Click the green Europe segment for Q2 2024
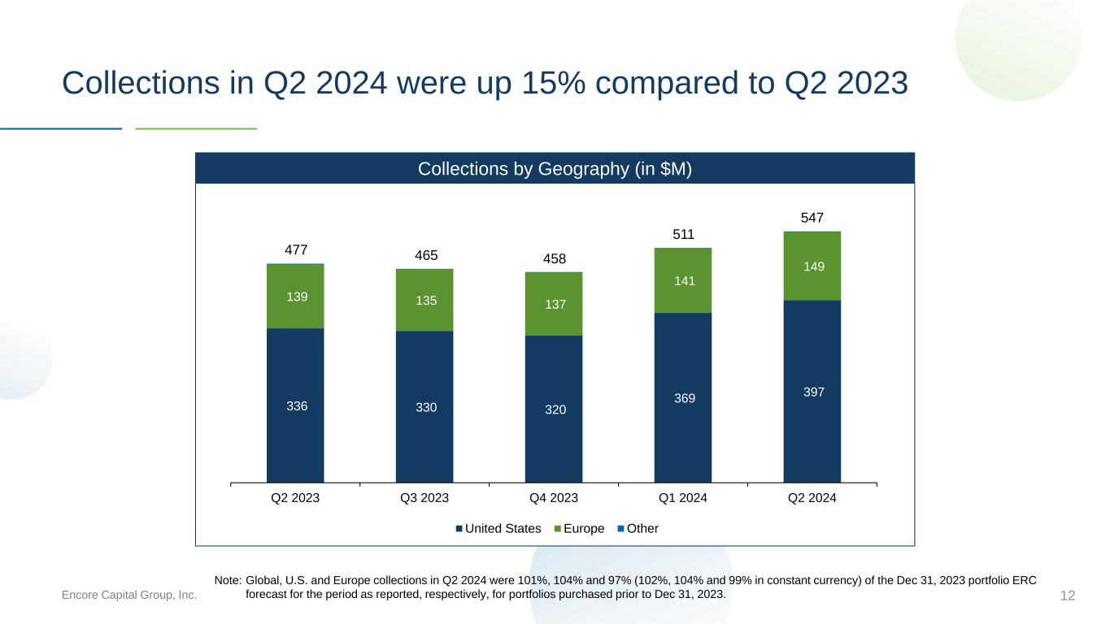pos(812,266)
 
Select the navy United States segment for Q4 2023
pos(554,409)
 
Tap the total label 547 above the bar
pos(812,218)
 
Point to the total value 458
pos(554,259)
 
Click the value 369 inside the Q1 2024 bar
pos(685,398)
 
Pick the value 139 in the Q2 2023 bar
pos(297,297)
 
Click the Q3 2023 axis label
pos(424,498)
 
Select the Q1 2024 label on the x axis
pos(682,498)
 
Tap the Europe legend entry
pos(579,528)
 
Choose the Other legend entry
pos(638,528)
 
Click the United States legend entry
pos(498,528)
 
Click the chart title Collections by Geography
pos(555,169)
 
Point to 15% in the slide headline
pos(553,83)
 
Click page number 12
pos(1068,596)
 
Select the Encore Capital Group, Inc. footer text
pos(128,595)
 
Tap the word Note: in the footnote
pos(228,580)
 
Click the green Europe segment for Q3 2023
pos(424,300)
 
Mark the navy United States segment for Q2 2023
pos(295,405)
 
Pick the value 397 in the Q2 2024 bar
pos(814,392)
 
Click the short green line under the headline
pos(196,128)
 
